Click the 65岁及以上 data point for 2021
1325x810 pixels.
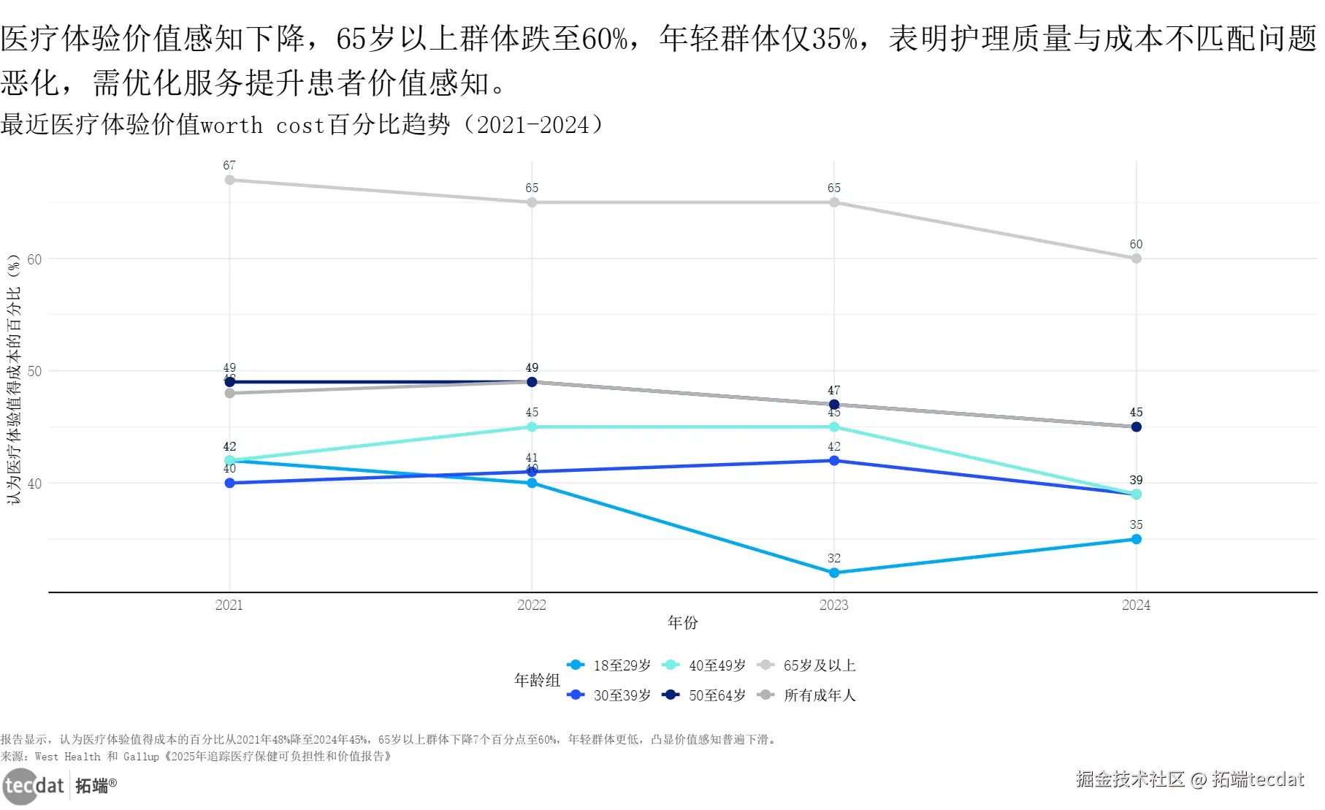point(229,180)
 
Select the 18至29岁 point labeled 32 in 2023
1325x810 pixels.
point(834,573)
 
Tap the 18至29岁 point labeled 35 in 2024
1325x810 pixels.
point(1137,539)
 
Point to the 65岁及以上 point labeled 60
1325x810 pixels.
point(1137,259)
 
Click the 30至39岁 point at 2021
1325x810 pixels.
point(229,483)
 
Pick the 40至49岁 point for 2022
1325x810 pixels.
point(532,427)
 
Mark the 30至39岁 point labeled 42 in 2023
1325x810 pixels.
point(834,461)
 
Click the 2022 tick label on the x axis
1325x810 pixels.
point(532,605)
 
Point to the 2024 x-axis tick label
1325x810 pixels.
point(1137,605)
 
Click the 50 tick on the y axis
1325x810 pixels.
point(34,371)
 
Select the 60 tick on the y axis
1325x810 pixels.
point(34,259)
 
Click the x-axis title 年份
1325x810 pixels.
point(683,622)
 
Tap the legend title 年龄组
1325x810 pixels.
point(537,680)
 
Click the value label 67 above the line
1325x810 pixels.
point(229,166)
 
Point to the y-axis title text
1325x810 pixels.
point(14,380)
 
